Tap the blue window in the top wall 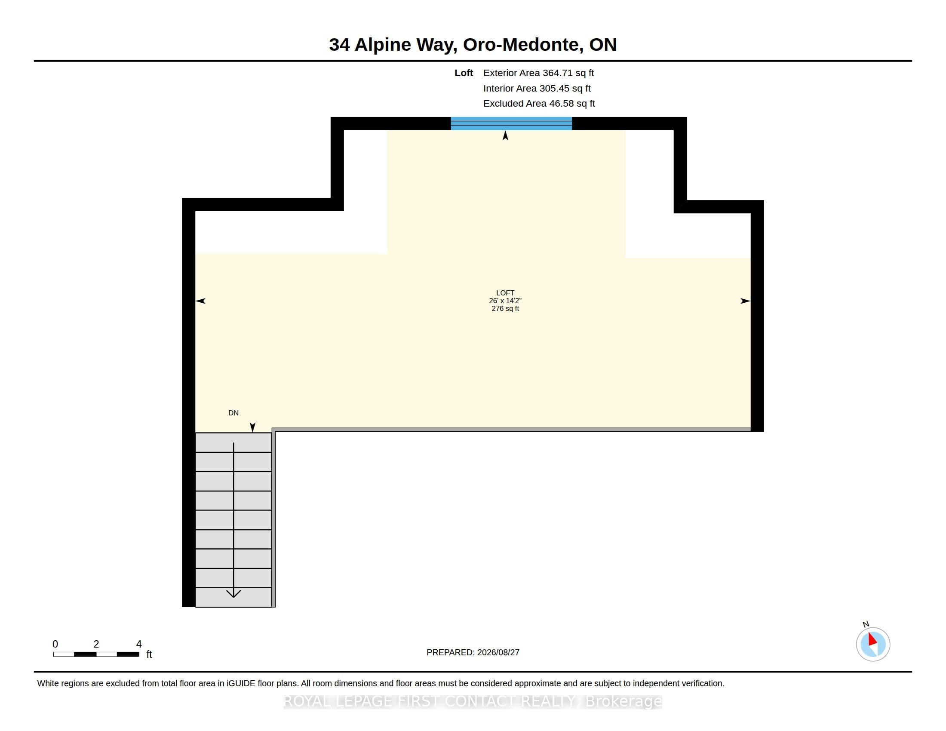point(511,123)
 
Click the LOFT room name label point(505,293)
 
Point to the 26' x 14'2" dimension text point(505,301)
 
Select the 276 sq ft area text point(505,308)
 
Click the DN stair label point(233,413)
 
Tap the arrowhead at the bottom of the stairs point(233,594)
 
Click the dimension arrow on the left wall point(200,301)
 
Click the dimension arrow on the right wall point(745,301)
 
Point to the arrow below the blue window point(505,135)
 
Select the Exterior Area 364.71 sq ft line point(538,73)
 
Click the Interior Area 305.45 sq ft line point(537,88)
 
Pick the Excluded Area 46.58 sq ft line point(539,104)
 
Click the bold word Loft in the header point(464,73)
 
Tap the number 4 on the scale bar point(138,644)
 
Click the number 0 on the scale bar point(55,644)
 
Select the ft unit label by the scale point(149,654)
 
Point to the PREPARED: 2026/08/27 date point(473,652)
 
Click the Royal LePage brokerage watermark point(473,701)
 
